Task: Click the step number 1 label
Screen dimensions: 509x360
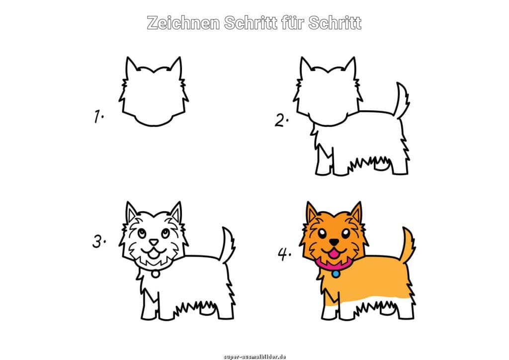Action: tap(99, 116)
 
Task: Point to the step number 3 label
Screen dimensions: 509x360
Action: tap(99, 242)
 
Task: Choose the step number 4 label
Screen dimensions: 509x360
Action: tap(284, 254)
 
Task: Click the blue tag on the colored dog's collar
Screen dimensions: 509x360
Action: tap(336, 274)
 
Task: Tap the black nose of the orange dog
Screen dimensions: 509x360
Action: tap(334, 242)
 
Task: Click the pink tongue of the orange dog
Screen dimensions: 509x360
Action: tap(334, 256)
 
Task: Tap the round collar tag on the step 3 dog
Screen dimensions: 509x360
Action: tap(156, 274)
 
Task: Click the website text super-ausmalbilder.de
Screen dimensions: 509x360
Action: tap(254, 357)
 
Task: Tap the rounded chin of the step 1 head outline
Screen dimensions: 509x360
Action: tap(154, 124)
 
